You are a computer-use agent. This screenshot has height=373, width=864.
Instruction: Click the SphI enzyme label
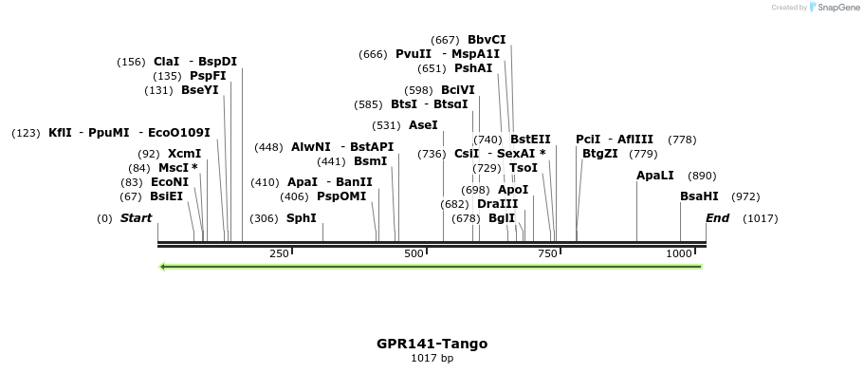click(302, 218)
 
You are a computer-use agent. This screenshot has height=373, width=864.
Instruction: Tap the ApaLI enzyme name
click(655, 176)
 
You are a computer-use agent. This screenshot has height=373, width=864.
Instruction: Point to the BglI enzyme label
click(501, 218)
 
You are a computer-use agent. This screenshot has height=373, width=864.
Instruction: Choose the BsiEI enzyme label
click(166, 196)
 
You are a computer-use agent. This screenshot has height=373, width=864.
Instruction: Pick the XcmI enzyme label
click(184, 154)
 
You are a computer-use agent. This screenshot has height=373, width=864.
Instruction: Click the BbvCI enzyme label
click(487, 40)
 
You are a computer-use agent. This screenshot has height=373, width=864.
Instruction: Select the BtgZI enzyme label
click(599, 154)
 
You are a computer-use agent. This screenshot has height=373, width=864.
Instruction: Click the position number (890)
click(702, 176)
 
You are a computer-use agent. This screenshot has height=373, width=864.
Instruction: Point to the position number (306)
click(264, 218)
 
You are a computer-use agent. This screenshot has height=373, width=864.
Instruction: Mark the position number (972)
click(745, 196)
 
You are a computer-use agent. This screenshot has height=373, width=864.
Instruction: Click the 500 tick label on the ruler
click(414, 254)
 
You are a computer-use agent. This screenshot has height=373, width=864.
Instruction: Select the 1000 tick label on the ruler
click(679, 254)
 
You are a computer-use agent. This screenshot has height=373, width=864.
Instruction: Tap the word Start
click(136, 218)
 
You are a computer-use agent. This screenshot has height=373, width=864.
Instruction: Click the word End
click(717, 218)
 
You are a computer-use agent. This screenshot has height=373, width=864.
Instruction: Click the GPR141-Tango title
click(432, 344)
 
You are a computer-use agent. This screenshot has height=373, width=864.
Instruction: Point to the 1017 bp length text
click(432, 359)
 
